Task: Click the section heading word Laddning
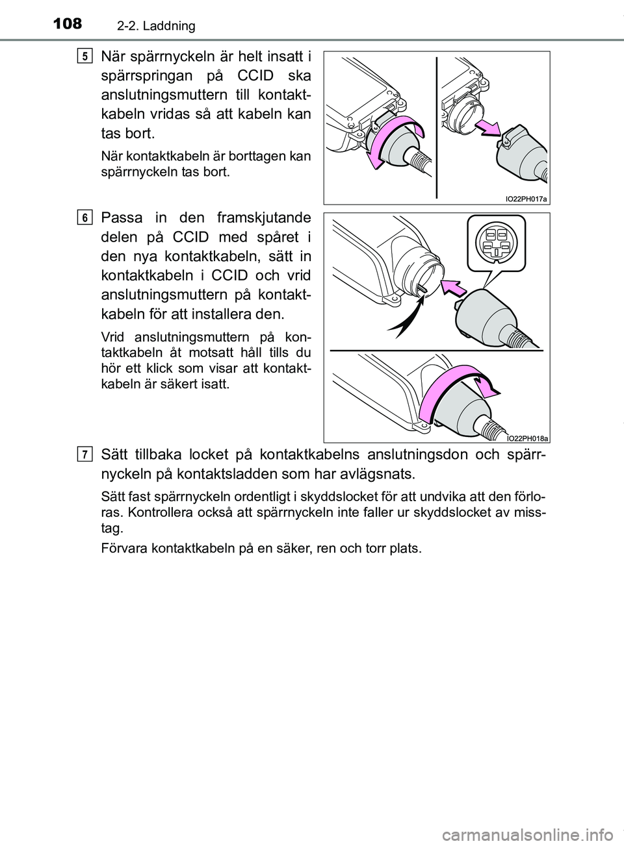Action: click(x=171, y=27)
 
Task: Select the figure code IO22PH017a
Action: click(x=525, y=198)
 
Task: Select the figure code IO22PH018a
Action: click(x=525, y=437)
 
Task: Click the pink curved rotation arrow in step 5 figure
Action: click(x=390, y=143)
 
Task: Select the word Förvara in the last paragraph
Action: click(x=125, y=549)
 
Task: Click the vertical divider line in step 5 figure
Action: click(x=437, y=127)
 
